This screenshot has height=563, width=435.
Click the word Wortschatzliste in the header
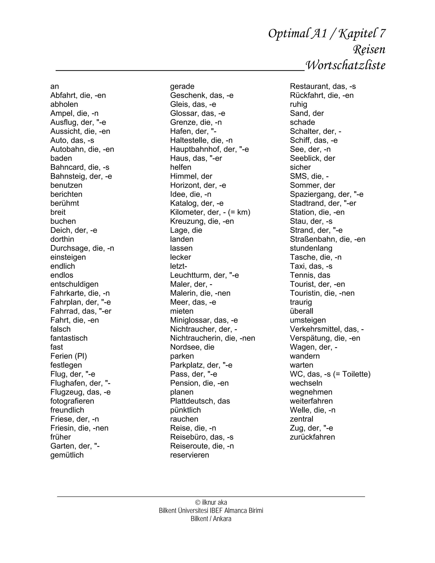coord(345,65)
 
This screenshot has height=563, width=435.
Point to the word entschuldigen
coord(74,284)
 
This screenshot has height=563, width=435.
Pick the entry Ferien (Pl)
coord(69,356)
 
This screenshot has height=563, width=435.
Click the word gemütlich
coord(67,455)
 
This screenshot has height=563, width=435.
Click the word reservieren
coord(189,455)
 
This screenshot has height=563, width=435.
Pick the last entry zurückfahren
coord(312,437)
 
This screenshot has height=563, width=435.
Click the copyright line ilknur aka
coord(211,502)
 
